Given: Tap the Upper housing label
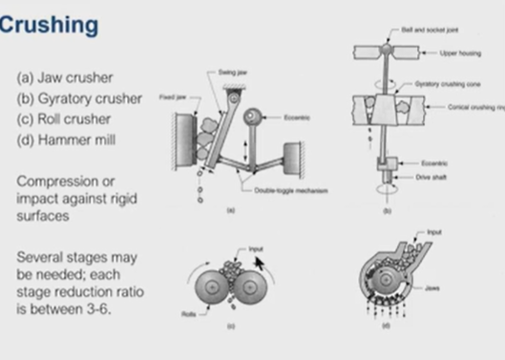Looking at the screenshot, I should click(448, 53).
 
